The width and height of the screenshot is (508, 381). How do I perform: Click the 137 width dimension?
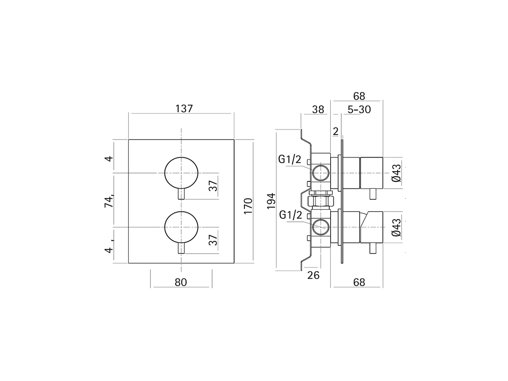(x=183, y=108)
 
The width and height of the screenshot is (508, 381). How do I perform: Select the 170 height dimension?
(x=248, y=206)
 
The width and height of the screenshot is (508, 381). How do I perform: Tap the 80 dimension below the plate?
(x=181, y=282)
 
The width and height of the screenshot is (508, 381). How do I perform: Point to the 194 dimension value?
(x=271, y=201)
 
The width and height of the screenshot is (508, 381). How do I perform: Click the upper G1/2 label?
(x=290, y=160)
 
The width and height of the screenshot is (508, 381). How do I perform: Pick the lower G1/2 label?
(x=291, y=215)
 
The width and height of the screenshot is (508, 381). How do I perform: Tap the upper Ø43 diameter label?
(x=396, y=173)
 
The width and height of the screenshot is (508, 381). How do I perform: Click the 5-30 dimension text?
(x=359, y=110)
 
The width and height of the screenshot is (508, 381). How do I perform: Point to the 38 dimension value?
(x=318, y=110)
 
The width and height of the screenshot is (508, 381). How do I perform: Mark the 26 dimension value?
(x=313, y=275)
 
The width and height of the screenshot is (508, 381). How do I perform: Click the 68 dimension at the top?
(x=358, y=96)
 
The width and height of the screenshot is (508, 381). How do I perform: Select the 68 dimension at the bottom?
(x=358, y=282)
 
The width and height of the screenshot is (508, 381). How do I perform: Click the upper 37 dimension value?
(x=214, y=185)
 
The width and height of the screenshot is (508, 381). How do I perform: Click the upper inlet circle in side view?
(x=320, y=173)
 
